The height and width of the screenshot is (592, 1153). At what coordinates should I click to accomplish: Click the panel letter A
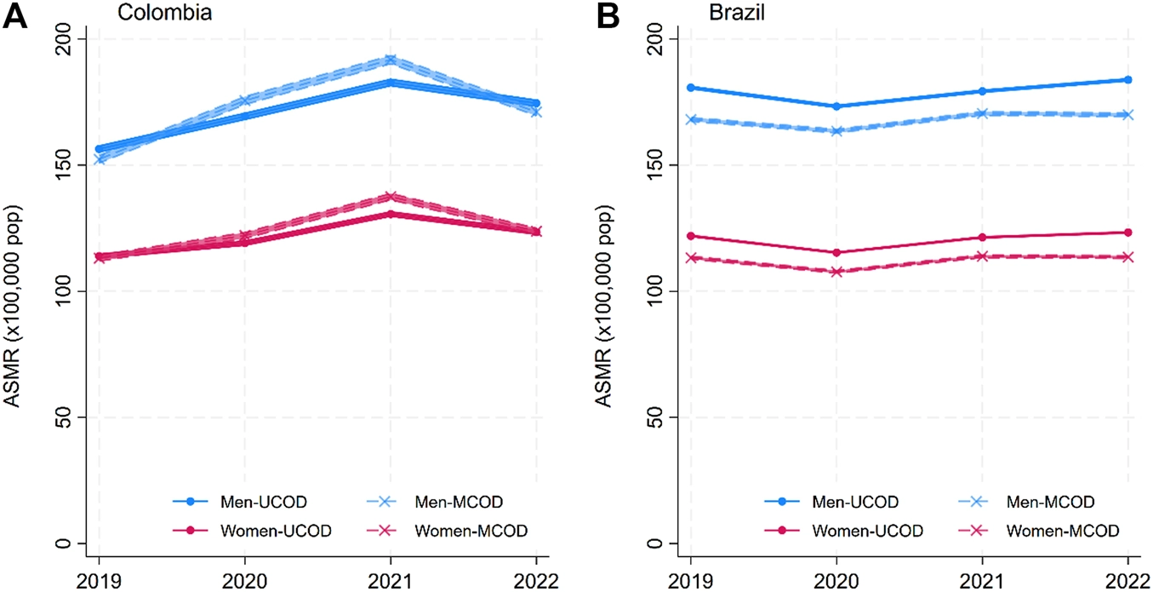[14, 16]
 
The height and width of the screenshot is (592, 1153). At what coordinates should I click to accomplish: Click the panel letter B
[608, 16]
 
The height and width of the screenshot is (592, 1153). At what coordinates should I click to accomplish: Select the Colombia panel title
[164, 13]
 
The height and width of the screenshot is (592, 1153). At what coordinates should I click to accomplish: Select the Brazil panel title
[737, 13]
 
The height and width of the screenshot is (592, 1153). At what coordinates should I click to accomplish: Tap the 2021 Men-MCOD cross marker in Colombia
[391, 60]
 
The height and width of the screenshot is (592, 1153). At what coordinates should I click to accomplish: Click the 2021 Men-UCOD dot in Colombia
[391, 83]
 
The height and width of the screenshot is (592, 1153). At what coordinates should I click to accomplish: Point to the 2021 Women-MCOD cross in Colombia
[391, 197]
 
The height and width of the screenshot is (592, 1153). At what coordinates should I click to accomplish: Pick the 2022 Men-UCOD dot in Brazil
[1128, 80]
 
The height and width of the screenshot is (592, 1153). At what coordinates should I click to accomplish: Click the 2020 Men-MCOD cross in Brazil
[836, 131]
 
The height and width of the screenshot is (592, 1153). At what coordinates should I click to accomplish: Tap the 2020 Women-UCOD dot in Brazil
[836, 252]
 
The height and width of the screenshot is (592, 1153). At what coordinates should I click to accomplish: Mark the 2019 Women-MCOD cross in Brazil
[691, 257]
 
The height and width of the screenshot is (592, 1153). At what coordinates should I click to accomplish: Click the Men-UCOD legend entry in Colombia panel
[240, 502]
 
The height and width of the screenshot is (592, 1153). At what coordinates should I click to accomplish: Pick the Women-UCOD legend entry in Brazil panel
[843, 530]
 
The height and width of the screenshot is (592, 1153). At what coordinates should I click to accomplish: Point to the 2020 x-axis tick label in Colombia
[244, 582]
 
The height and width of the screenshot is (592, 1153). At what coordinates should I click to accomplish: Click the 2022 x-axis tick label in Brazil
[1127, 582]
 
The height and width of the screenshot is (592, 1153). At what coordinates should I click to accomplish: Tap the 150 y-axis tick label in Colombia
[63, 165]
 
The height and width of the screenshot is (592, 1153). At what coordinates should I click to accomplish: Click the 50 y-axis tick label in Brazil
[654, 417]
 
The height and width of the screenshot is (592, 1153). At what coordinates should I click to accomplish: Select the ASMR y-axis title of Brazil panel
[604, 306]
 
